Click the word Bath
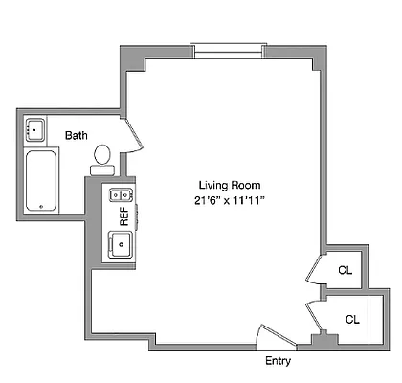pyautogui.click(x=77, y=135)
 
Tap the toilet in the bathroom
pyautogui.click(x=102, y=156)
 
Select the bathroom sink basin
pyautogui.click(x=36, y=129)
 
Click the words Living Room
pyautogui.click(x=230, y=185)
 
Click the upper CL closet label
pyautogui.click(x=345, y=270)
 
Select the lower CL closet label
pyautogui.click(x=351, y=319)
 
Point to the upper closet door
pyautogui.click(x=313, y=270)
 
